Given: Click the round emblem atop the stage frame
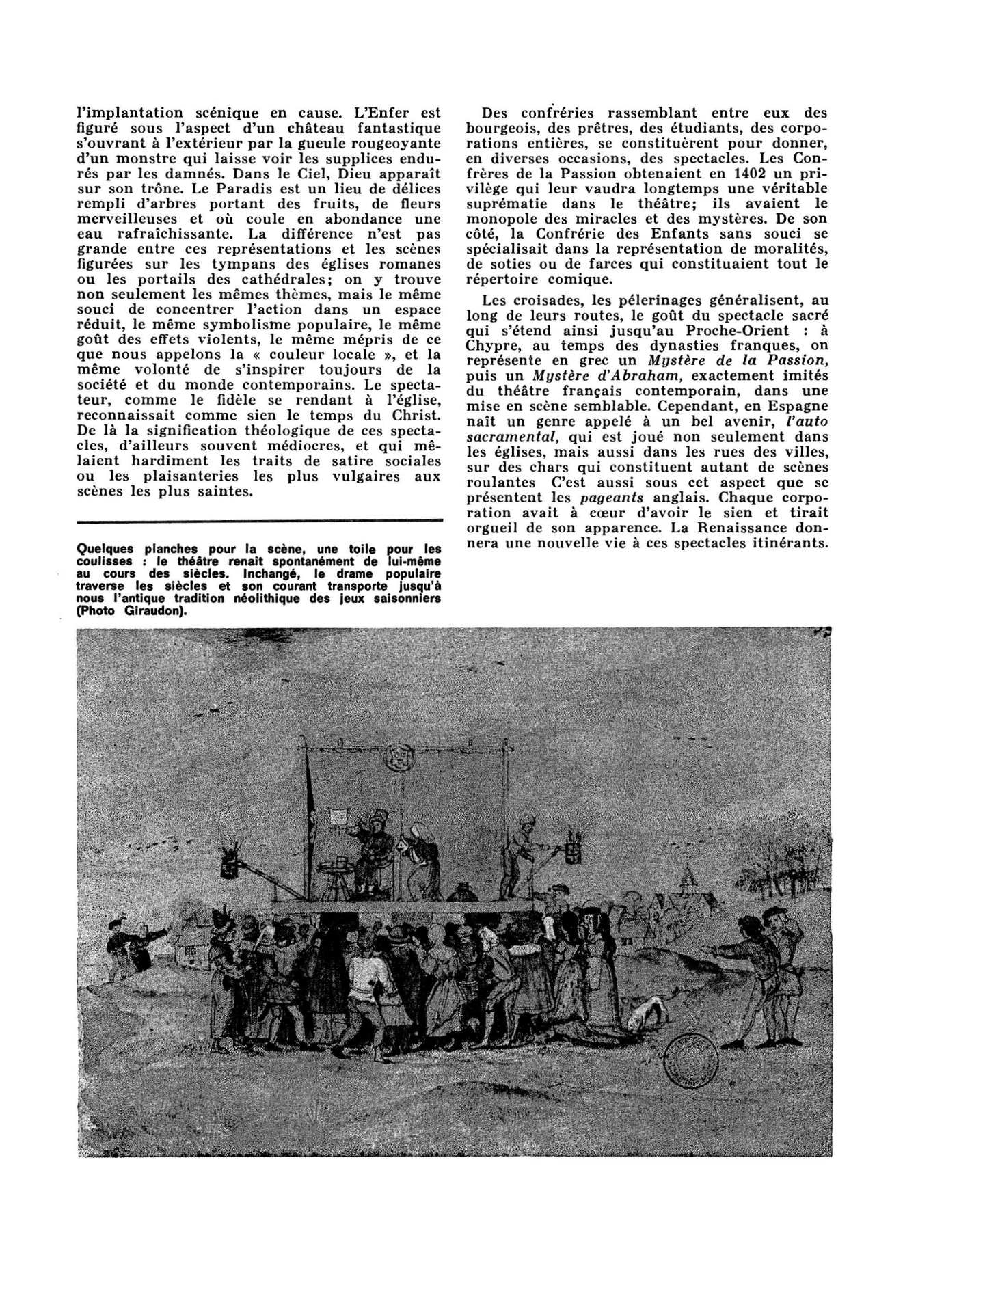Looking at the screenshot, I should click(x=395, y=755).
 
